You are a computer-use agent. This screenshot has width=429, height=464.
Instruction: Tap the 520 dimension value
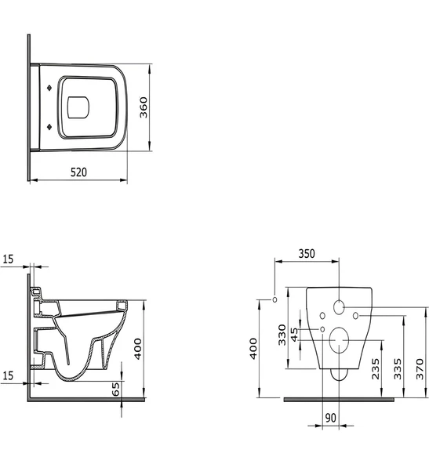tap(77, 171)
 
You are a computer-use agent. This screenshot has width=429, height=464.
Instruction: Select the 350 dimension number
tap(306, 254)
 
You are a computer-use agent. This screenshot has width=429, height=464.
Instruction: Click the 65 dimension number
tap(116, 388)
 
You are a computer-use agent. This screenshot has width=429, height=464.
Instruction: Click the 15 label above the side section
tap(8, 258)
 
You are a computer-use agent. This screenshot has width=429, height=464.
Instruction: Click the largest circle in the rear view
tap(339, 339)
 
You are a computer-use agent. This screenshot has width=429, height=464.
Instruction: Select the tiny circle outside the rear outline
tap(274, 300)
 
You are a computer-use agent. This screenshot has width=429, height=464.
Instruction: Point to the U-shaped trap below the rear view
tap(339, 375)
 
